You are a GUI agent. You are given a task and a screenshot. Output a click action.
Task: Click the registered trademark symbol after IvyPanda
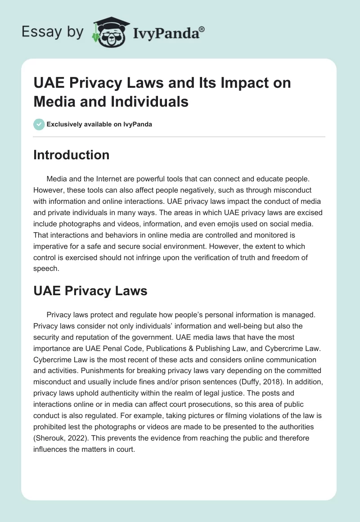pos(202,28)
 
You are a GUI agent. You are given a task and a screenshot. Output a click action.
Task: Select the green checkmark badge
pos(39,124)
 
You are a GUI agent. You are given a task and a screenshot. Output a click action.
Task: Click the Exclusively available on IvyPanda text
pos(99,124)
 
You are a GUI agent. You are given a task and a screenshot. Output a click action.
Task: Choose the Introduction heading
pos(71,155)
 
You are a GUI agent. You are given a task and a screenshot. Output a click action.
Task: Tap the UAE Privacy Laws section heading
pos(90,291)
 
